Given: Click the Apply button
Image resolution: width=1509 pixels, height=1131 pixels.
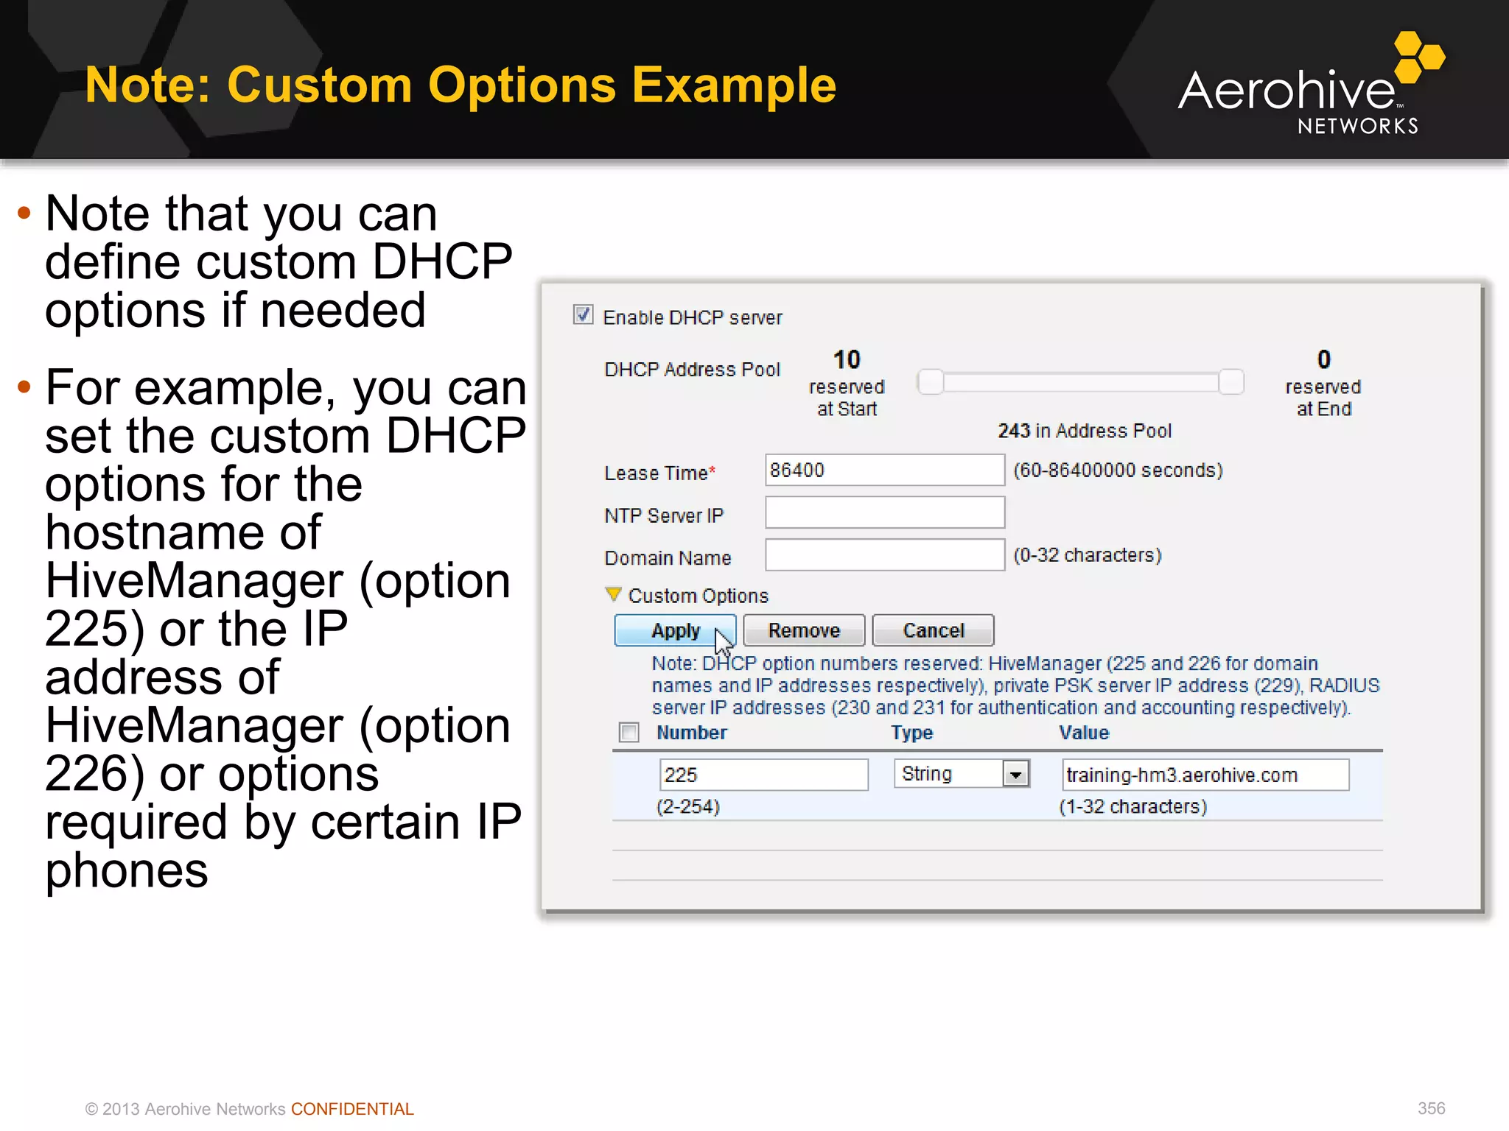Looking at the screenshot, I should point(675,631).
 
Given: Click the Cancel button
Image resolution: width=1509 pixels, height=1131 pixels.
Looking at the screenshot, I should point(933,631).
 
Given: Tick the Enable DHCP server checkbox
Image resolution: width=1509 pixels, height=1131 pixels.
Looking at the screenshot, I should point(583,315).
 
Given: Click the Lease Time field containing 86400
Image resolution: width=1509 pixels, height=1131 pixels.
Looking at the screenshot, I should point(884,471).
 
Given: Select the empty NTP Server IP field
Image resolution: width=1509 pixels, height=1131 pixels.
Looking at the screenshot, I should point(884,513).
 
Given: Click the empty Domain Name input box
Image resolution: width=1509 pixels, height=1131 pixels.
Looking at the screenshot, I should point(884,555).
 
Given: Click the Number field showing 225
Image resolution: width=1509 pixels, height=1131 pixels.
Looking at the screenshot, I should point(763,775).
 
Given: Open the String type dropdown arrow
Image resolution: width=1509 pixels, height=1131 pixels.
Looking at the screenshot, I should point(1016,775).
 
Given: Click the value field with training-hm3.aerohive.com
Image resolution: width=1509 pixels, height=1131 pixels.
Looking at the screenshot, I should point(1205,775).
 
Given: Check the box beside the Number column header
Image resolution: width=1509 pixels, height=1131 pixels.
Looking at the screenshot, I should point(629,733).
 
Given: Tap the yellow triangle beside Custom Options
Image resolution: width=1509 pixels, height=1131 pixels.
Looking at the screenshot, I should point(613,593).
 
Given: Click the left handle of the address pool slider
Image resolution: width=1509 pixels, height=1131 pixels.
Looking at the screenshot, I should point(931,382).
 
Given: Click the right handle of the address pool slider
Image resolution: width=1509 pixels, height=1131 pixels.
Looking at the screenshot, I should point(1230,382).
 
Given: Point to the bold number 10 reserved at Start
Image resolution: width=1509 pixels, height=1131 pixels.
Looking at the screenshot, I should point(847,360).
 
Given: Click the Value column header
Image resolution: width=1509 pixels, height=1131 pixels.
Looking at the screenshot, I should point(1083,733).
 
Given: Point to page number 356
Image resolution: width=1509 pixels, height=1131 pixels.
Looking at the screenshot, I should point(1431,1109).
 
